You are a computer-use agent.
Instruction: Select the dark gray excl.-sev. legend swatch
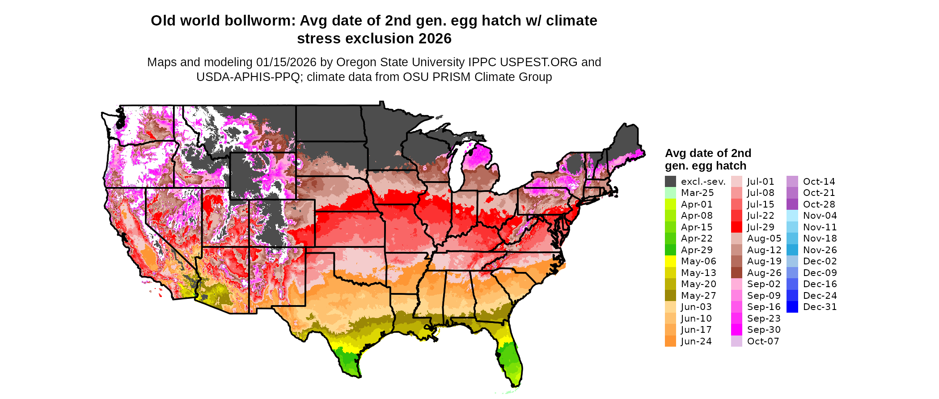click(x=670, y=182)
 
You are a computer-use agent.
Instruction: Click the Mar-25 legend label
click(x=697, y=193)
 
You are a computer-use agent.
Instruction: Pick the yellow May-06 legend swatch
click(x=670, y=261)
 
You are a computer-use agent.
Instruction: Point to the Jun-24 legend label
click(x=696, y=341)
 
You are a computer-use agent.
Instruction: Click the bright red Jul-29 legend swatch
click(x=736, y=227)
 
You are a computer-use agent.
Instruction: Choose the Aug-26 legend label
click(x=764, y=273)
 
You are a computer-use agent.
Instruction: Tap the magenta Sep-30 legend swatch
click(x=736, y=330)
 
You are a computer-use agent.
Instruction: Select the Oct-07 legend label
click(x=763, y=341)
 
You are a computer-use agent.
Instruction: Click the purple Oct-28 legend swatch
click(x=792, y=204)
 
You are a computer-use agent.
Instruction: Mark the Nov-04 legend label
click(x=820, y=216)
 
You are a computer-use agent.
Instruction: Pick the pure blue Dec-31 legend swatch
click(x=792, y=307)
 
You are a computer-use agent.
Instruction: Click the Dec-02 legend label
click(x=820, y=261)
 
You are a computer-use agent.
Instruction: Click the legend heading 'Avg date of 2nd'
click(x=708, y=153)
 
